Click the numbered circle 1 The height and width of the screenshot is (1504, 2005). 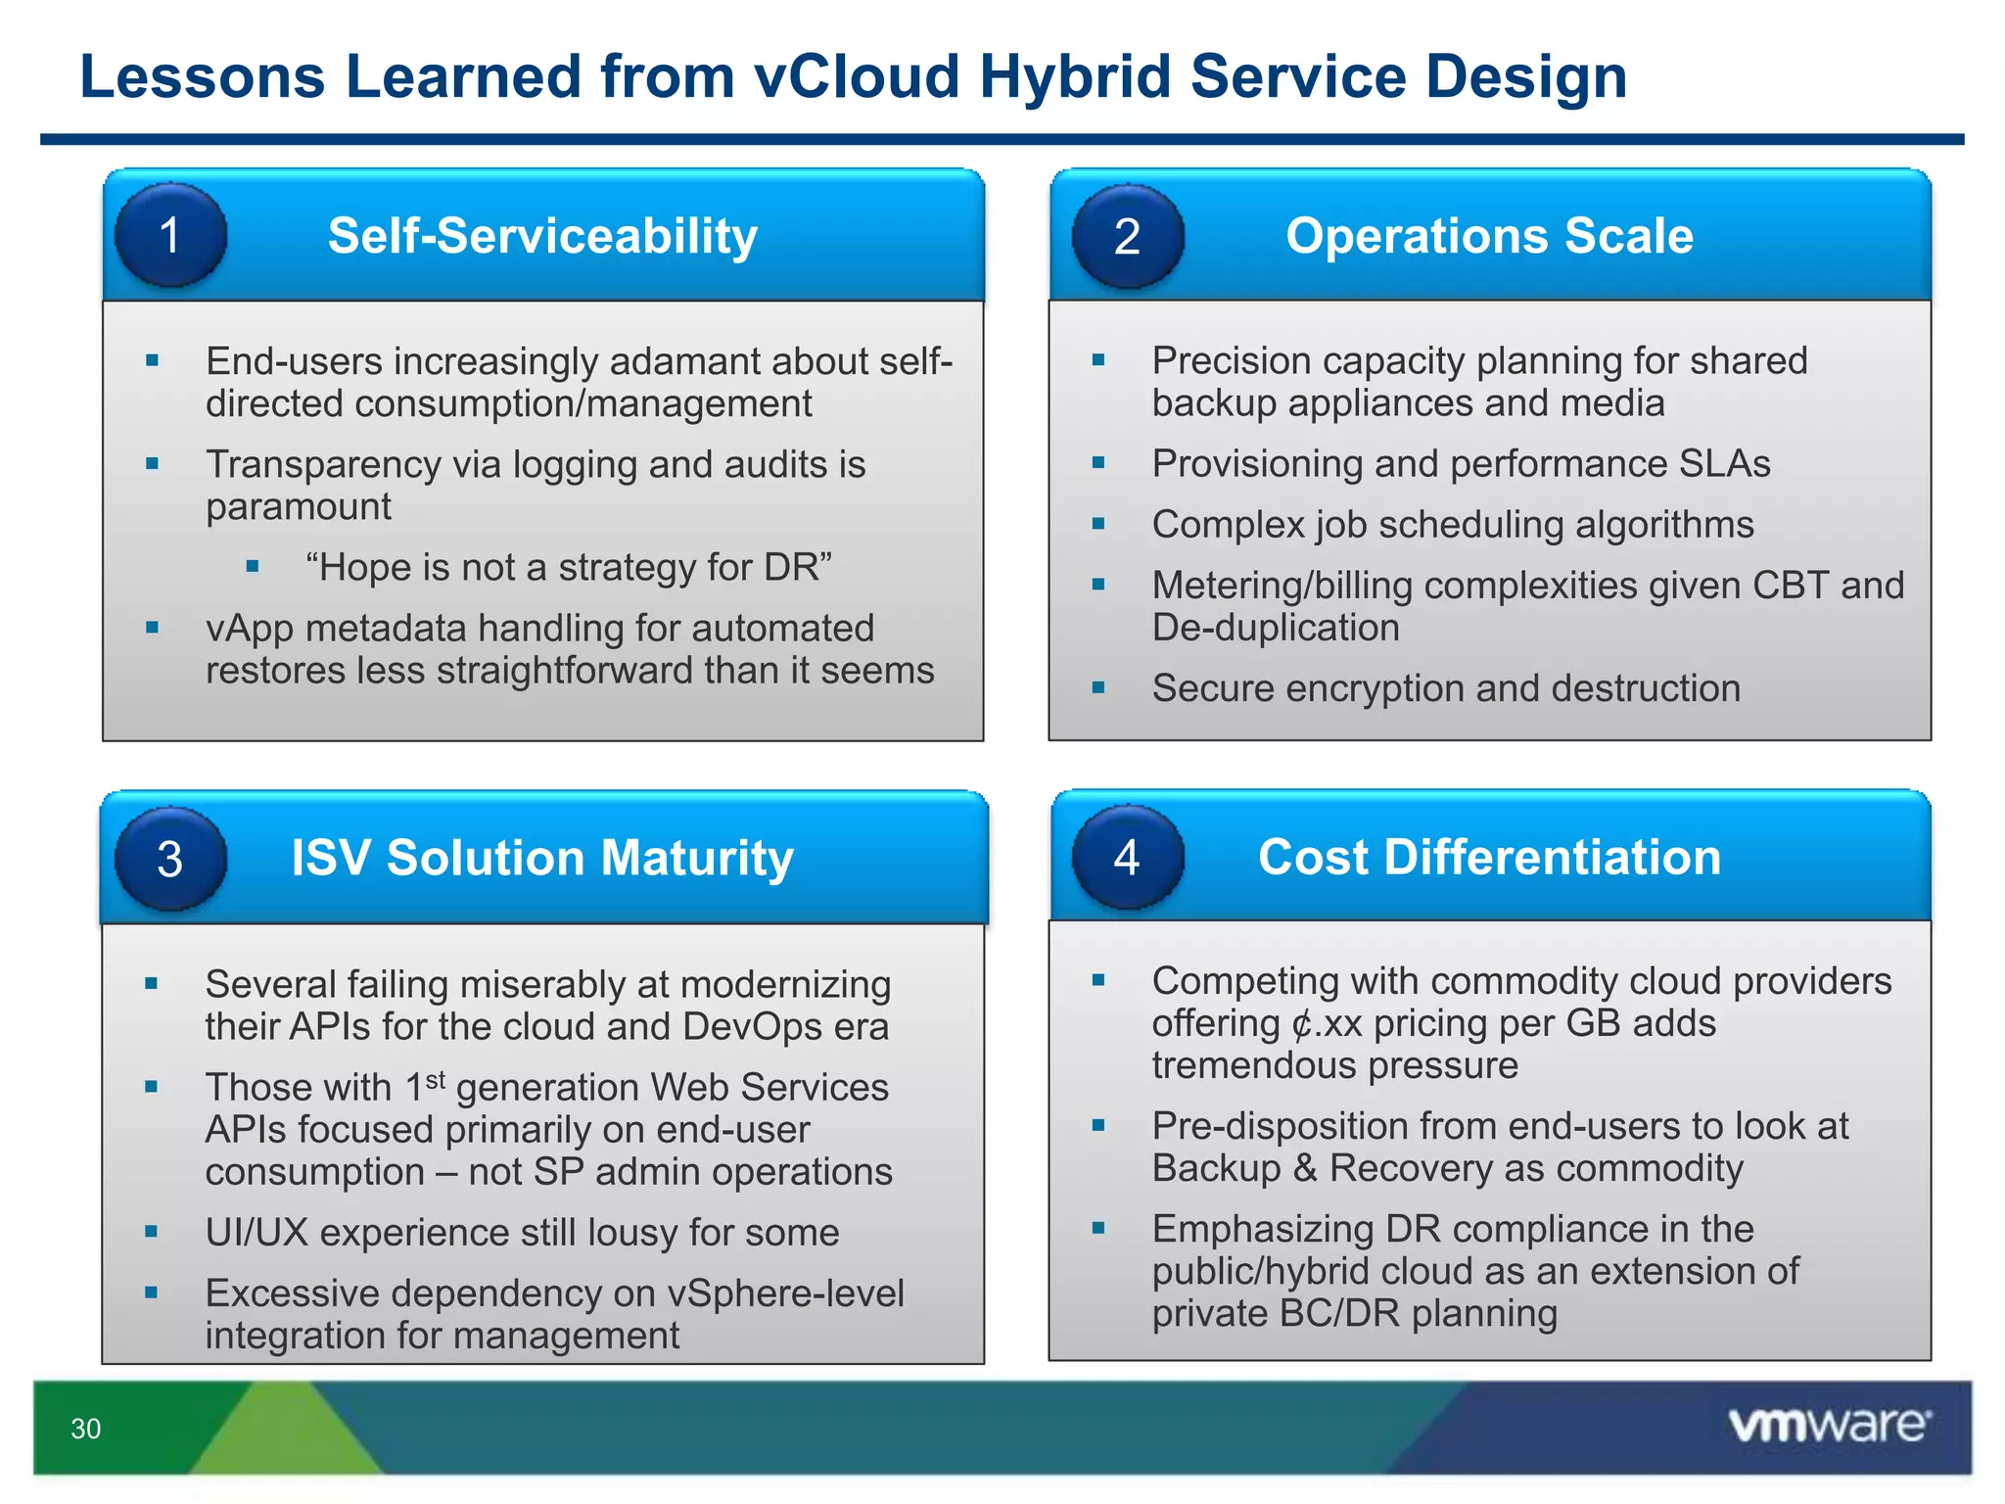click(x=170, y=235)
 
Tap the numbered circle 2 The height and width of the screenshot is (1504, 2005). click(x=1127, y=236)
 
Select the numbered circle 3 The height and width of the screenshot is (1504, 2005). click(x=170, y=859)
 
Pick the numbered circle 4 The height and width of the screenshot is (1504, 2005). click(x=1127, y=857)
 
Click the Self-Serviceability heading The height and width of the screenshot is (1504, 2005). click(x=542, y=236)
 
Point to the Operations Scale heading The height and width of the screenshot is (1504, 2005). click(x=1489, y=236)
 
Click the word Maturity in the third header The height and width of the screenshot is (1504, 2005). click(x=697, y=859)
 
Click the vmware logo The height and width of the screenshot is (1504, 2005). click(x=1829, y=1425)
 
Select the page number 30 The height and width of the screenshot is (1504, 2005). click(x=86, y=1429)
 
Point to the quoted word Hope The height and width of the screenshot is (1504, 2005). click(x=359, y=567)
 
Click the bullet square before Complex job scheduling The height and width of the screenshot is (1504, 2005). click(x=1098, y=524)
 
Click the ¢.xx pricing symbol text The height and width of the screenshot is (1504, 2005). click(x=1327, y=1023)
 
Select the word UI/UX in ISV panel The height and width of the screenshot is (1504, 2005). click(x=256, y=1232)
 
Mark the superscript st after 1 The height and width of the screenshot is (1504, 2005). click(x=436, y=1079)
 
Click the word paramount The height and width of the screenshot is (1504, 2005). click(x=298, y=506)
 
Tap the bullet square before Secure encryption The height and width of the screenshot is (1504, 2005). click(x=1098, y=687)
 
